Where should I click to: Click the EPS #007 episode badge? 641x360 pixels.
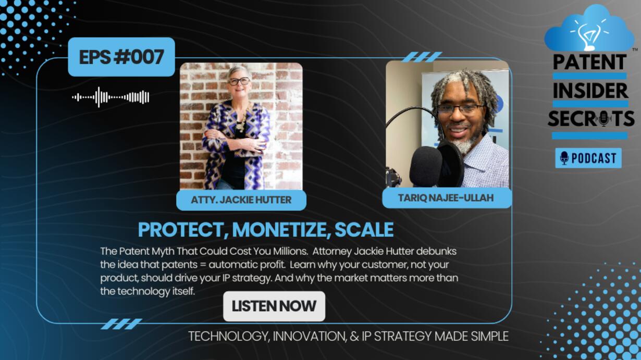tap(121, 57)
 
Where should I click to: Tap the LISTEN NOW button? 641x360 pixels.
tap(274, 306)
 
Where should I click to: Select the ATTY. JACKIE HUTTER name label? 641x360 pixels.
tap(241, 200)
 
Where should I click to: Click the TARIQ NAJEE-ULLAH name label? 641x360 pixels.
tap(447, 198)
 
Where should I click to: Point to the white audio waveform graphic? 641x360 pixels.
tap(111, 97)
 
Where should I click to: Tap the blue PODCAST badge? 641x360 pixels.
tap(588, 158)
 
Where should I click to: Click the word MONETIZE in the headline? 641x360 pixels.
tap(281, 230)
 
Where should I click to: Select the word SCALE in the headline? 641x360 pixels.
tap(364, 230)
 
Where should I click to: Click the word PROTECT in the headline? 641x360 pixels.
tap(183, 230)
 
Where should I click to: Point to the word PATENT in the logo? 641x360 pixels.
tap(590, 62)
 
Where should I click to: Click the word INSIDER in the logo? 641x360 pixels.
tap(590, 91)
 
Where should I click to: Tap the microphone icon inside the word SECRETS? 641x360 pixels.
tap(604, 119)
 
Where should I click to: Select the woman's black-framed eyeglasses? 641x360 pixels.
tap(239, 81)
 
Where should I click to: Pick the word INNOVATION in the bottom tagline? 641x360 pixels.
tap(309, 336)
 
